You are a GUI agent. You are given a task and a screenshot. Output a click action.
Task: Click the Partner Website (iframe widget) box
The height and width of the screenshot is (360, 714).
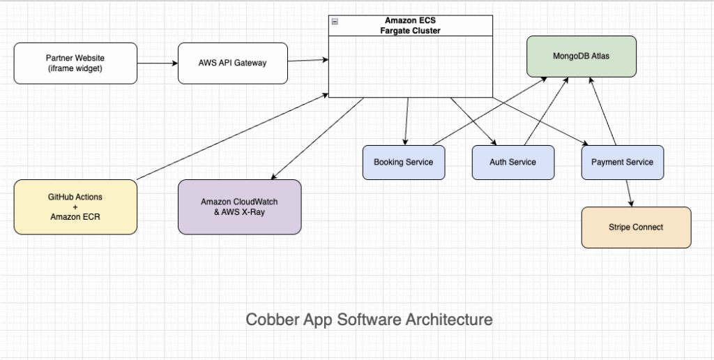pyautogui.click(x=75, y=63)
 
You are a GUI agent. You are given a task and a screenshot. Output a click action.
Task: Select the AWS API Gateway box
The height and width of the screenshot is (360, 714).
pyautogui.click(x=232, y=63)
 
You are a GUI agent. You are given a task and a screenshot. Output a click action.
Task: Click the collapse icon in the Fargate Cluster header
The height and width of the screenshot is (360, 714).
pyautogui.click(x=335, y=22)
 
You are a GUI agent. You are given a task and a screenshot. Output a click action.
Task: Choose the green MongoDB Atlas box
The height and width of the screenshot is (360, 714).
pyautogui.click(x=581, y=56)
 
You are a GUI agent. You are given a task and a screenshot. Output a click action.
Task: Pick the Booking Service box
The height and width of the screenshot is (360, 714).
pyautogui.click(x=403, y=162)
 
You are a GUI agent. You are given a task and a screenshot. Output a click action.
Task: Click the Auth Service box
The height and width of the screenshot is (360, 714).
pyautogui.click(x=512, y=162)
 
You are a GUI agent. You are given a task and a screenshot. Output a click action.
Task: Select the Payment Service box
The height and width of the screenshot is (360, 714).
pyautogui.click(x=622, y=162)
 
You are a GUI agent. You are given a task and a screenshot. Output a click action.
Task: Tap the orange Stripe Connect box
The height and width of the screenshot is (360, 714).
pyautogui.click(x=636, y=227)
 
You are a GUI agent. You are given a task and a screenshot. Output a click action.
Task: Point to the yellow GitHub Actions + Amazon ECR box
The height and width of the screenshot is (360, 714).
pyautogui.click(x=75, y=207)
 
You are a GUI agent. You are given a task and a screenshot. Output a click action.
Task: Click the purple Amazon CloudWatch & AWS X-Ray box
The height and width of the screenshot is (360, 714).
pyautogui.click(x=239, y=207)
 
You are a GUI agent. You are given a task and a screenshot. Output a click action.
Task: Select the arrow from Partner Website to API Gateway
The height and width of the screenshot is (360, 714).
pyautogui.click(x=158, y=63)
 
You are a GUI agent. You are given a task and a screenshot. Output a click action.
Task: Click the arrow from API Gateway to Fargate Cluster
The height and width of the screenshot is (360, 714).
pyautogui.click(x=307, y=61)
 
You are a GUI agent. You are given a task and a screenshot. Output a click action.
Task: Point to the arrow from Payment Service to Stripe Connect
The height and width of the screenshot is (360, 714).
pyautogui.click(x=628, y=193)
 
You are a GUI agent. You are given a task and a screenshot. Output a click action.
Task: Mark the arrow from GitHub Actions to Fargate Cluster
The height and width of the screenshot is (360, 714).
pyautogui.click(x=230, y=135)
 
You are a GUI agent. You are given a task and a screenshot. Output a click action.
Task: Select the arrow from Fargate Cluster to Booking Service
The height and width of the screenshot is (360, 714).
pyautogui.click(x=407, y=121)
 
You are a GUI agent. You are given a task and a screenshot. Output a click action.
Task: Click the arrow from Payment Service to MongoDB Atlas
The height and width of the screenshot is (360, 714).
pyautogui.click(x=604, y=112)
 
